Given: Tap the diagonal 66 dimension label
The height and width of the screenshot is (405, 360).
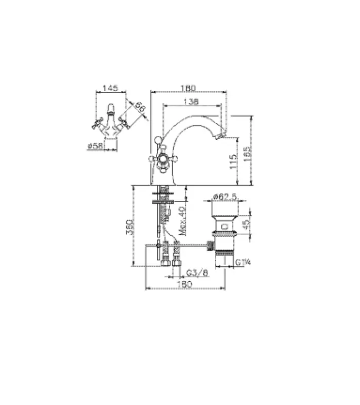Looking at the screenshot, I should coord(140,107).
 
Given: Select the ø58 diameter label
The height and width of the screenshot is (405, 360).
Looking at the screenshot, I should coord(96,146).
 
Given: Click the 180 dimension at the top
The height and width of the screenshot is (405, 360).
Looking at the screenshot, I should coord(188,88).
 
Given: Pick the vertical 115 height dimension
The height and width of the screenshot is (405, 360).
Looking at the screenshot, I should coord(232,162).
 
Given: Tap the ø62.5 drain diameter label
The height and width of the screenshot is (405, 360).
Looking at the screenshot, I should coord(223,196).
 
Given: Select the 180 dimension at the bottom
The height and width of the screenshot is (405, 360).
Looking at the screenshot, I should coord(185,285).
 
